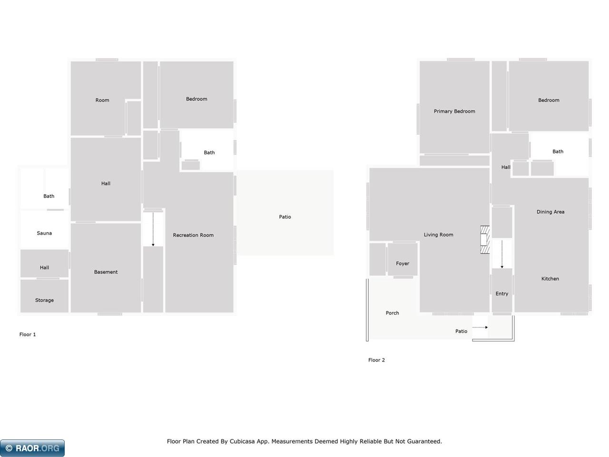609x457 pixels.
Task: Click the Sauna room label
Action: pyautogui.click(x=44, y=233)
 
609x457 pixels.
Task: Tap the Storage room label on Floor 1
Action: pyautogui.click(x=44, y=300)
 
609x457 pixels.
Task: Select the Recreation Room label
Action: pyautogui.click(x=193, y=235)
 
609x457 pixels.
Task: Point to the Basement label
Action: pyautogui.click(x=106, y=272)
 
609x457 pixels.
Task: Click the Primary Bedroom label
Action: pyautogui.click(x=454, y=111)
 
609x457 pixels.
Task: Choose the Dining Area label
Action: pyautogui.click(x=550, y=212)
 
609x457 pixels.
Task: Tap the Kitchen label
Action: pyautogui.click(x=550, y=278)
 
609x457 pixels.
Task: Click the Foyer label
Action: pyautogui.click(x=403, y=264)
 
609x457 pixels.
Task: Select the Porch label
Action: pyautogui.click(x=393, y=313)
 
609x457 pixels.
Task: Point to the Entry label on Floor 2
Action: pyautogui.click(x=502, y=294)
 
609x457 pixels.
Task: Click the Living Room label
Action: pyautogui.click(x=438, y=235)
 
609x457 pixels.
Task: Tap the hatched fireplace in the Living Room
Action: pyautogui.click(x=485, y=240)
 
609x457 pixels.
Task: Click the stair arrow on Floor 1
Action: pyautogui.click(x=153, y=229)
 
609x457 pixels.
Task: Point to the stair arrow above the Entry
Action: pyautogui.click(x=502, y=254)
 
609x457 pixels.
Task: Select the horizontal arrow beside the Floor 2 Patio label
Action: pyautogui.click(x=480, y=328)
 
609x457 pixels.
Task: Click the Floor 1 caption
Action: pyautogui.click(x=28, y=334)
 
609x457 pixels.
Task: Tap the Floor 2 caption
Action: pyautogui.click(x=376, y=360)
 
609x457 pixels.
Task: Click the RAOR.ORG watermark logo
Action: pyautogui.click(x=32, y=448)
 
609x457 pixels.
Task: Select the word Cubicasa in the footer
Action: pyautogui.click(x=242, y=441)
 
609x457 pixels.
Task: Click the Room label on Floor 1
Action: pyautogui.click(x=102, y=100)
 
